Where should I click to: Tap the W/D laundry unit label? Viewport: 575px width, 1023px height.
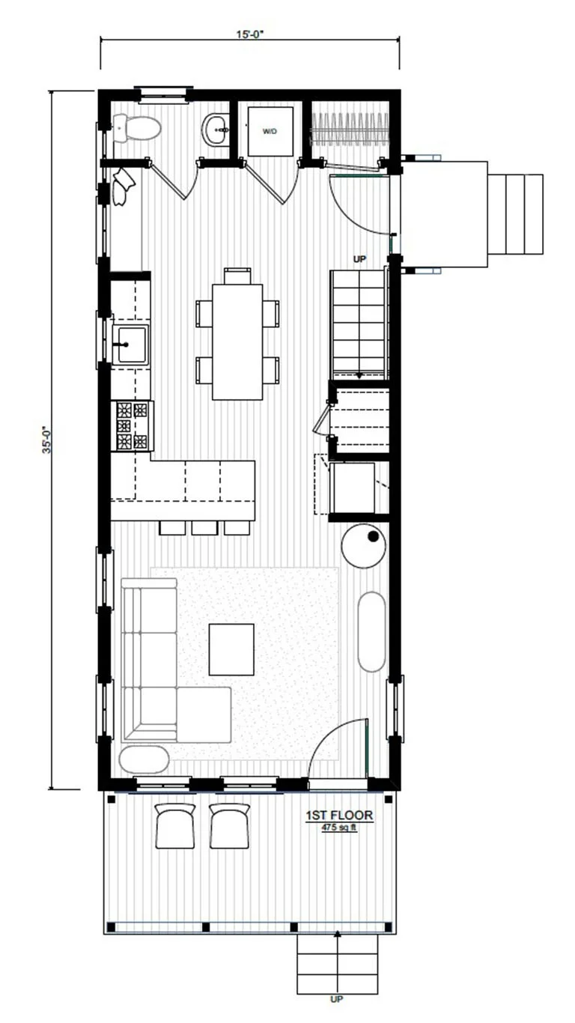[x=270, y=131]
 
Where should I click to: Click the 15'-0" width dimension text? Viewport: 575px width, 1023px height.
[x=249, y=32]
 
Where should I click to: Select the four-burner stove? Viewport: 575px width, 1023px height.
[x=132, y=426]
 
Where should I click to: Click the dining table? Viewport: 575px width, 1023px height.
[x=237, y=341]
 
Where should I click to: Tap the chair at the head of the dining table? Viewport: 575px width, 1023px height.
[x=237, y=276]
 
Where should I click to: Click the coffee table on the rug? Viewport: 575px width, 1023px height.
[x=231, y=649]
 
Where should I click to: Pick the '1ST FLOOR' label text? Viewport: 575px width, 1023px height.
[x=338, y=815]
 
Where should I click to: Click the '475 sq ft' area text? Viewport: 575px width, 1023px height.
[x=338, y=827]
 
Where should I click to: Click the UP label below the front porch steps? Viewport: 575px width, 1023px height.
[x=337, y=999]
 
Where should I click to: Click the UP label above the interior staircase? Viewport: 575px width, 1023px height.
[x=359, y=258]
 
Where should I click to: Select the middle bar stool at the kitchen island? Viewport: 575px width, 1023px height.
[x=204, y=528]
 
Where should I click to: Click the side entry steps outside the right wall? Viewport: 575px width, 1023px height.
[x=516, y=213]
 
